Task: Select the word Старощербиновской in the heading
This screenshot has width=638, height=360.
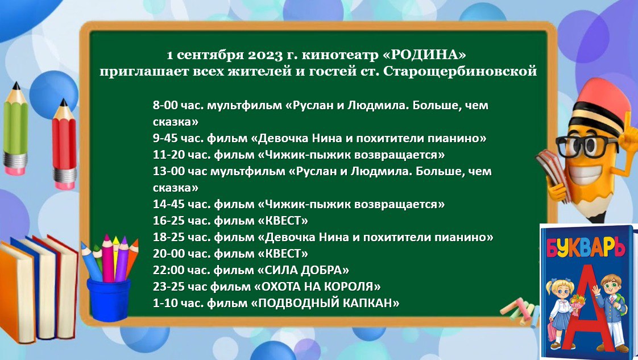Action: (x=460, y=72)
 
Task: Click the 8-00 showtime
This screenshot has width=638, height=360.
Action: (x=165, y=105)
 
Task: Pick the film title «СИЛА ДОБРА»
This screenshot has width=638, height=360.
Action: (x=303, y=270)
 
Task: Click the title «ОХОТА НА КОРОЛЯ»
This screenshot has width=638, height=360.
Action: (x=317, y=287)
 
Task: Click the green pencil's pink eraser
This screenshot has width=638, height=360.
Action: (x=15, y=169)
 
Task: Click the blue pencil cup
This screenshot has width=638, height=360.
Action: (x=109, y=299)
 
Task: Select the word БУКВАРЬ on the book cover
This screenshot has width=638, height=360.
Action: (x=586, y=247)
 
